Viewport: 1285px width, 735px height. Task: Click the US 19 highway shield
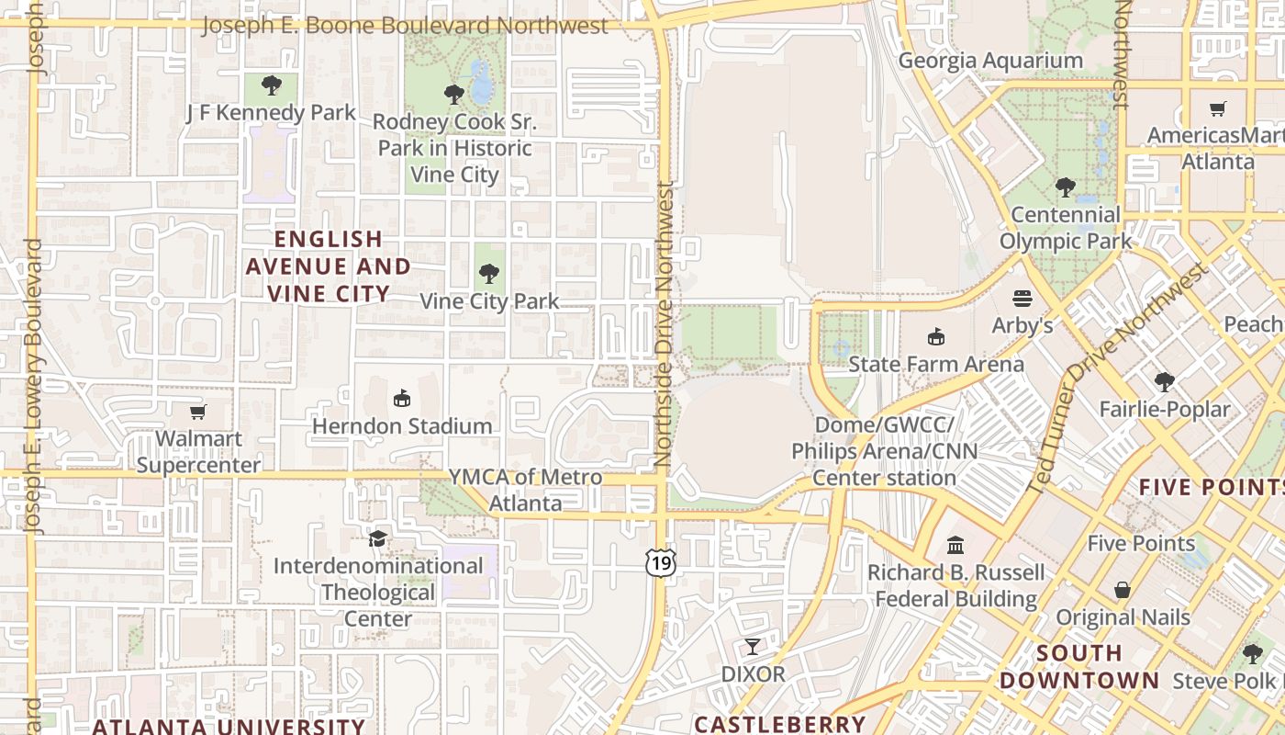661,562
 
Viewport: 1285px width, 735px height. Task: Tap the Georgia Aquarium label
990,61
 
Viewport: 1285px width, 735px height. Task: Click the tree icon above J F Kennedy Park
271,85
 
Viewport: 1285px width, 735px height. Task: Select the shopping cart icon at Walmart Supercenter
197,412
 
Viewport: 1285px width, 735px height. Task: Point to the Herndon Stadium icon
401,399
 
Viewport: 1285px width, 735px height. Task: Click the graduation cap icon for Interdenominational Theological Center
377,537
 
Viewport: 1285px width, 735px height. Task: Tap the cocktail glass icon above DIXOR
753,647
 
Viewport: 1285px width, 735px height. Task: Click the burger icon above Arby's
1022,299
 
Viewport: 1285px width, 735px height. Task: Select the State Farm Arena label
935,364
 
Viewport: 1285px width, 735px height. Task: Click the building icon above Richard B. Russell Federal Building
955,546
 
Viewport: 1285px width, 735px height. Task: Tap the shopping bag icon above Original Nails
1122,590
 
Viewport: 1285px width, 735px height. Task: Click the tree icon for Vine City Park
489,273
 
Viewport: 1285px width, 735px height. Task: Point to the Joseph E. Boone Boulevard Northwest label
404,26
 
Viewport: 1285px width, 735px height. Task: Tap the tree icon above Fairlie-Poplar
1164,381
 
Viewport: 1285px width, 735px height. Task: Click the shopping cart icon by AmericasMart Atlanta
1218,109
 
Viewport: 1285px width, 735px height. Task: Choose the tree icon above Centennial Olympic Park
1065,188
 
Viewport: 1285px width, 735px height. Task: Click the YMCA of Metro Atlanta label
525,490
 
